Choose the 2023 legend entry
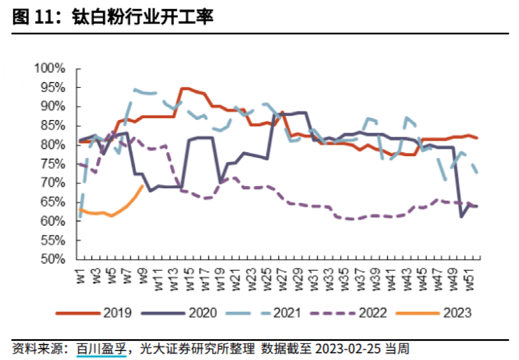pos(457,312)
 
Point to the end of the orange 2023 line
pos(143,185)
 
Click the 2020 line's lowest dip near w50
pos(461,217)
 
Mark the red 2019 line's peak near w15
pos(183,89)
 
